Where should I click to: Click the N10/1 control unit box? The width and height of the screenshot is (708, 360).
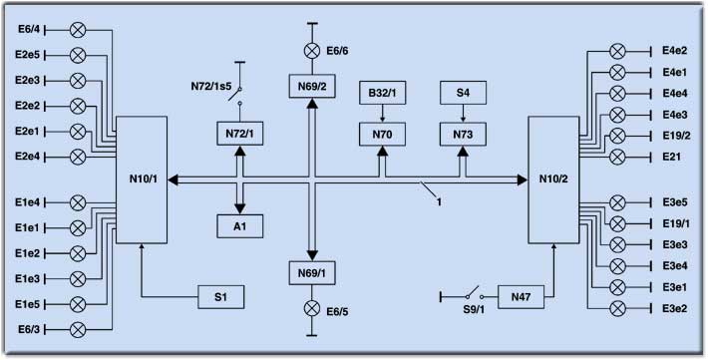click(x=142, y=180)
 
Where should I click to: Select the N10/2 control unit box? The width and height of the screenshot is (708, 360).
click(x=553, y=180)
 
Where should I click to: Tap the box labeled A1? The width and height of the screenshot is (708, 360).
click(x=239, y=225)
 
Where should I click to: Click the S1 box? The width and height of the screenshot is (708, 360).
click(x=220, y=297)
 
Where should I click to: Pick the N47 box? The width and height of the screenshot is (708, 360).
click(x=522, y=297)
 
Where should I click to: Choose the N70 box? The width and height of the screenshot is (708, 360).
click(x=383, y=135)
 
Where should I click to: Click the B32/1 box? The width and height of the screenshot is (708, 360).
click(x=383, y=93)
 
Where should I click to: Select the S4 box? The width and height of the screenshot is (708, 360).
click(x=464, y=93)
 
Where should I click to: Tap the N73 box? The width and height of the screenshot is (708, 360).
click(x=464, y=135)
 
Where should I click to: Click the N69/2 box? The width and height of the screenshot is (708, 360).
click(x=312, y=86)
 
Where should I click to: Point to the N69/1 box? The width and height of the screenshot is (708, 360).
click(x=312, y=273)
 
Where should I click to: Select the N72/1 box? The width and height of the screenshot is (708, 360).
click(x=239, y=134)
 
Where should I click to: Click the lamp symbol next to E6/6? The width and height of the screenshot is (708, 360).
click(x=311, y=51)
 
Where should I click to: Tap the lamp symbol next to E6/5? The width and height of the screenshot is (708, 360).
click(x=311, y=309)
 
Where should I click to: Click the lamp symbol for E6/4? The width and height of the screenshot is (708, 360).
click(x=78, y=30)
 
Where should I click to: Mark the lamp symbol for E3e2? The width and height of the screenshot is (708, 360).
click(x=617, y=309)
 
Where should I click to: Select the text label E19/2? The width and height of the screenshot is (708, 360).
click(x=676, y=136)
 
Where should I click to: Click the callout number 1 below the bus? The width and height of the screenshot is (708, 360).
click(x=439, y=201)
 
